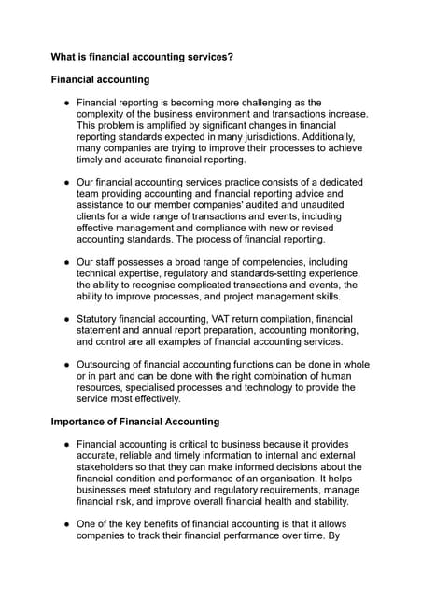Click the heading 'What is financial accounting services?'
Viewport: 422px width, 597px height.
(142, 57)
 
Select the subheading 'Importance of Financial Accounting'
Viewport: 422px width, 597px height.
(135, 421)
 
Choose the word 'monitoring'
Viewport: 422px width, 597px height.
(326, 330)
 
